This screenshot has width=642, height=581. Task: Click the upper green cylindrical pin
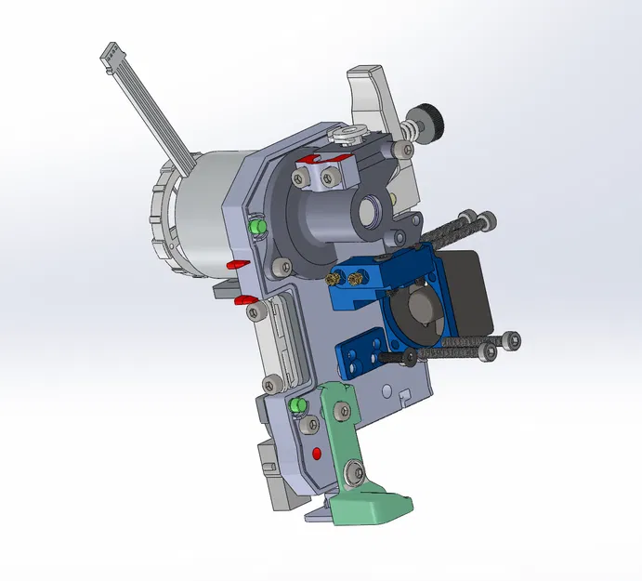(x=257, y=227)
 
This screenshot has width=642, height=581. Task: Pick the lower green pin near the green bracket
(x=298, y=406)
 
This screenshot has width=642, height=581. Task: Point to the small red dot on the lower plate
(x=318, y=453)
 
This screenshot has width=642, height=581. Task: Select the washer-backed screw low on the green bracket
(x=353, y=475)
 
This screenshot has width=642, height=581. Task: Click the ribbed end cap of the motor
(x=164, y=214)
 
